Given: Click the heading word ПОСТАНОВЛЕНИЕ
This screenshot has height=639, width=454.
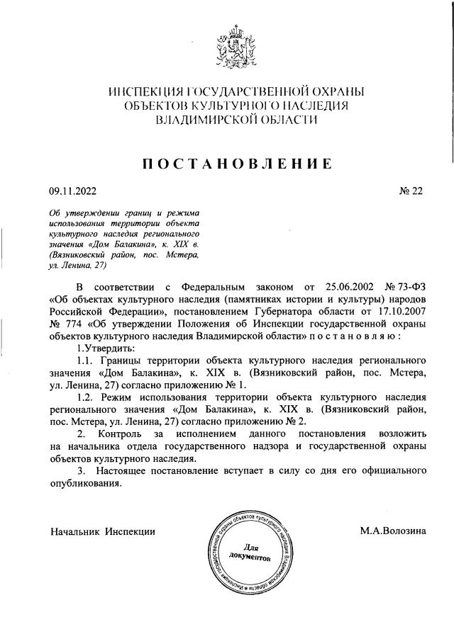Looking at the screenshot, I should [x=238, y=164].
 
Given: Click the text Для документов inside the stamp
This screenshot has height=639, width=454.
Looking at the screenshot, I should [x=250, y=552].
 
